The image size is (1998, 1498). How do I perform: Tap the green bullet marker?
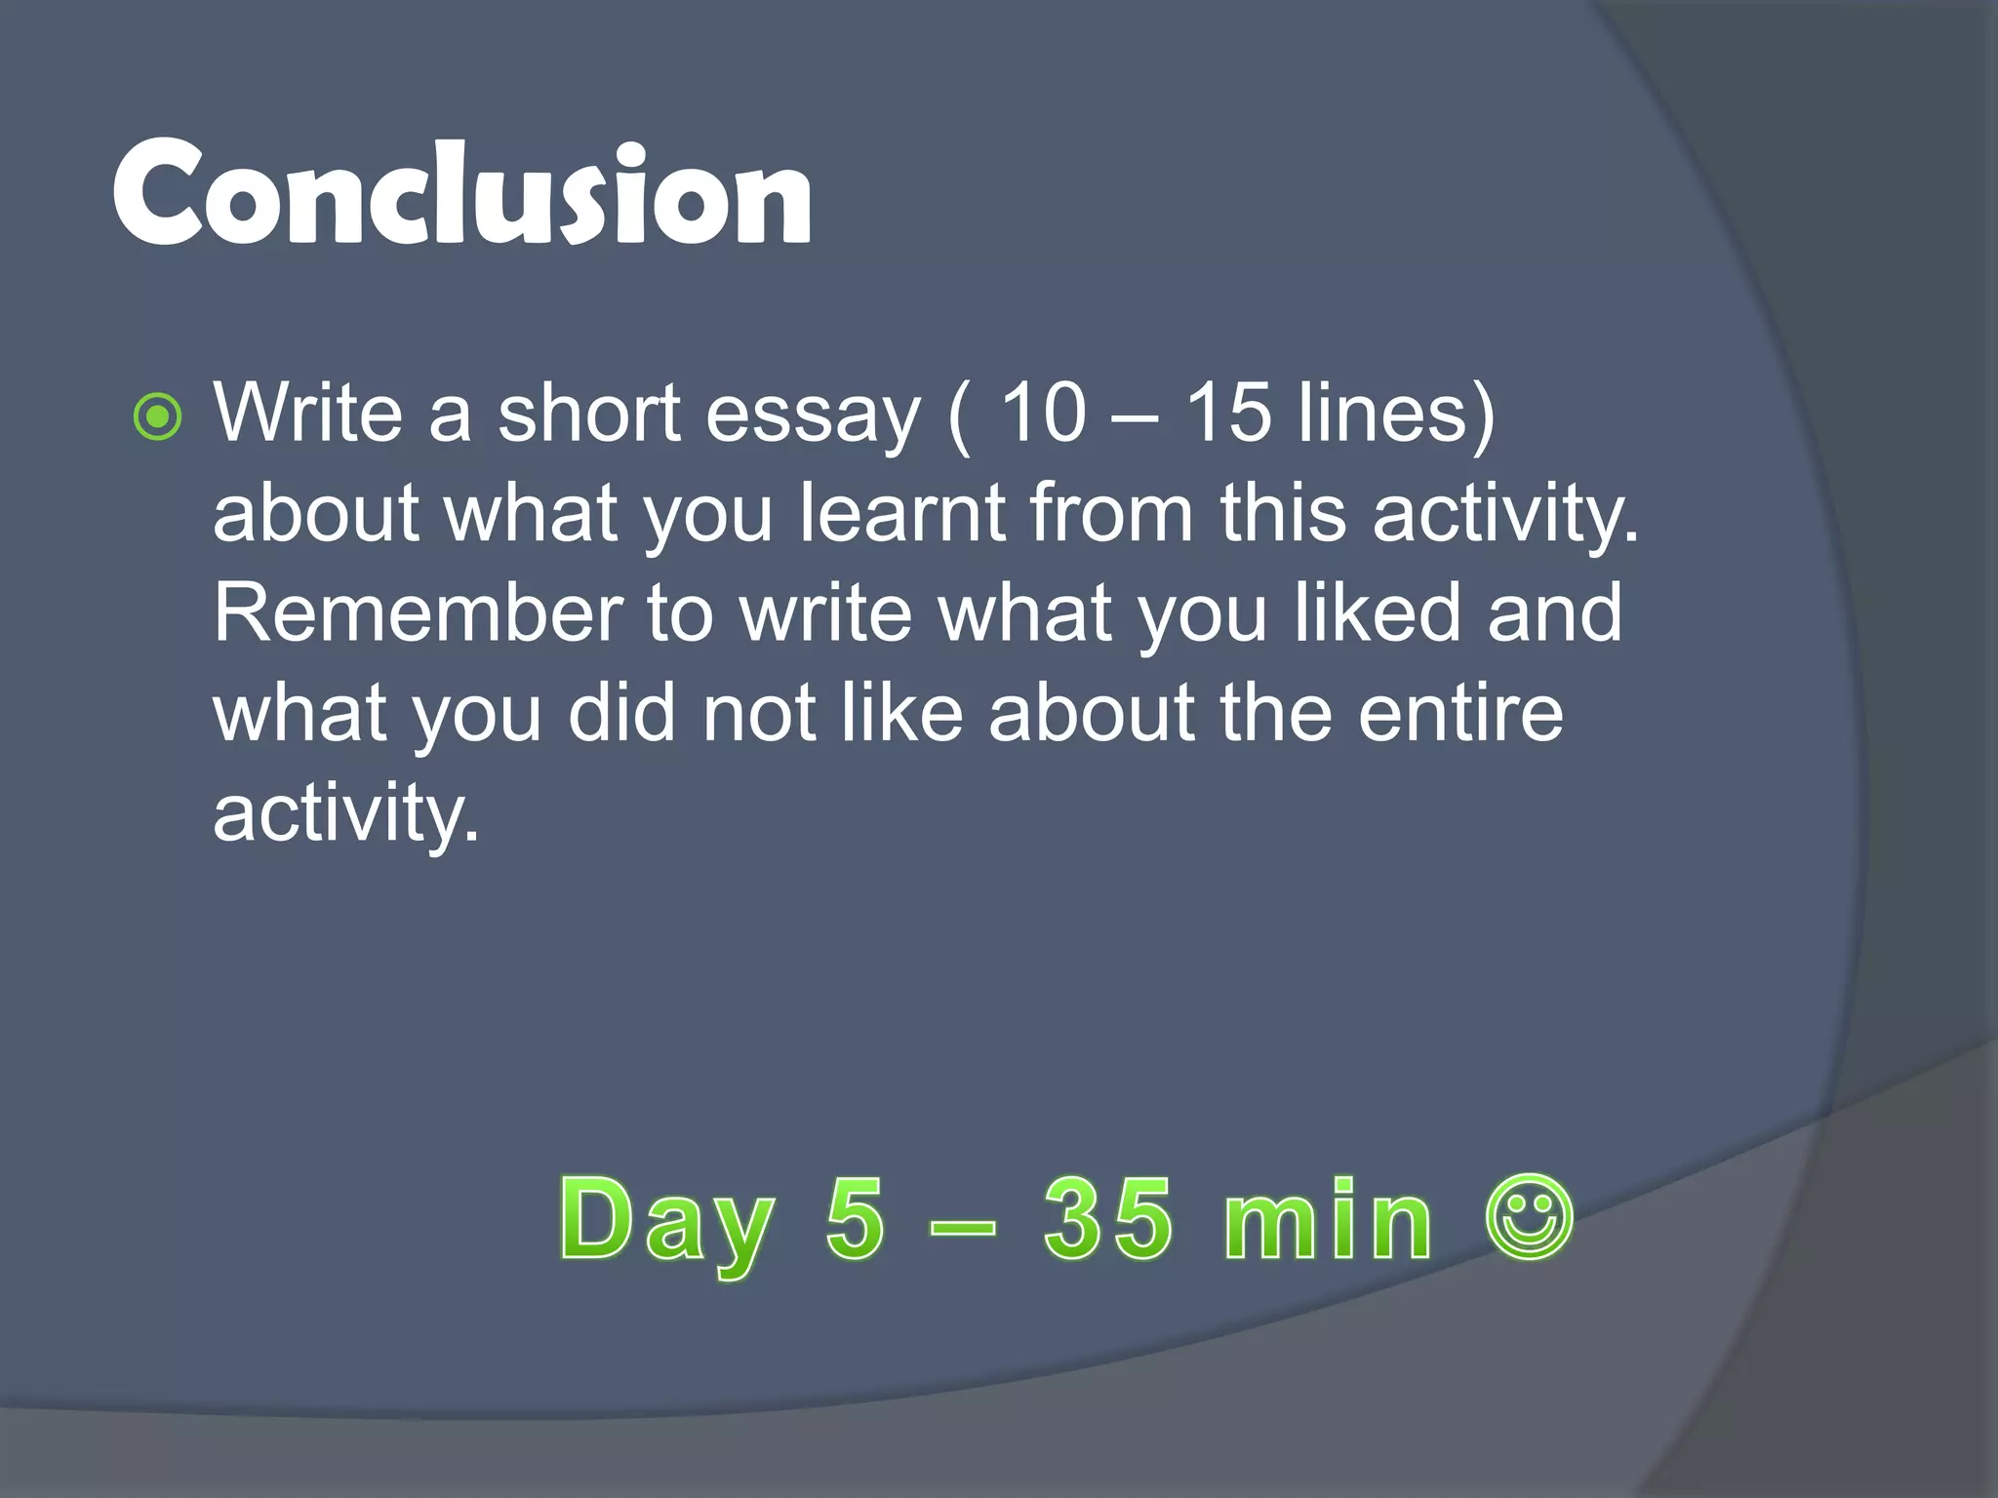[x=157, y=417]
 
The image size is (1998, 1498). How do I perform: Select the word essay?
[x=813, y=415]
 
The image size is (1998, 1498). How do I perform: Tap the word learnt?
[x=902, y=513]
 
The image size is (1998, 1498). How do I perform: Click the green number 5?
[x=856, y=1218]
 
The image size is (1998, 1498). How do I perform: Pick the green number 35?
[x=1107, y=1218]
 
